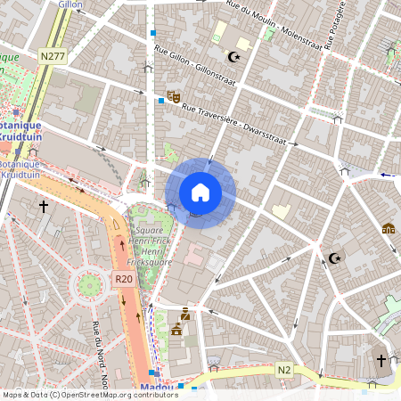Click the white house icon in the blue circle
click(200, 192)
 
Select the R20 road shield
click(124, 279)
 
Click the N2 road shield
click(284, 369)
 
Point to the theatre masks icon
click(174, 95)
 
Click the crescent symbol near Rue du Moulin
click(235, 57)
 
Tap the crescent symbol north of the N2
click(335, 258)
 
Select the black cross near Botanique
click(43, 206)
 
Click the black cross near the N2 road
click(381, 360)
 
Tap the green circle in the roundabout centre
click(89, 285)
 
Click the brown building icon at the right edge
click(389, 228)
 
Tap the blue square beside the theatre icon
click(160, 102)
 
